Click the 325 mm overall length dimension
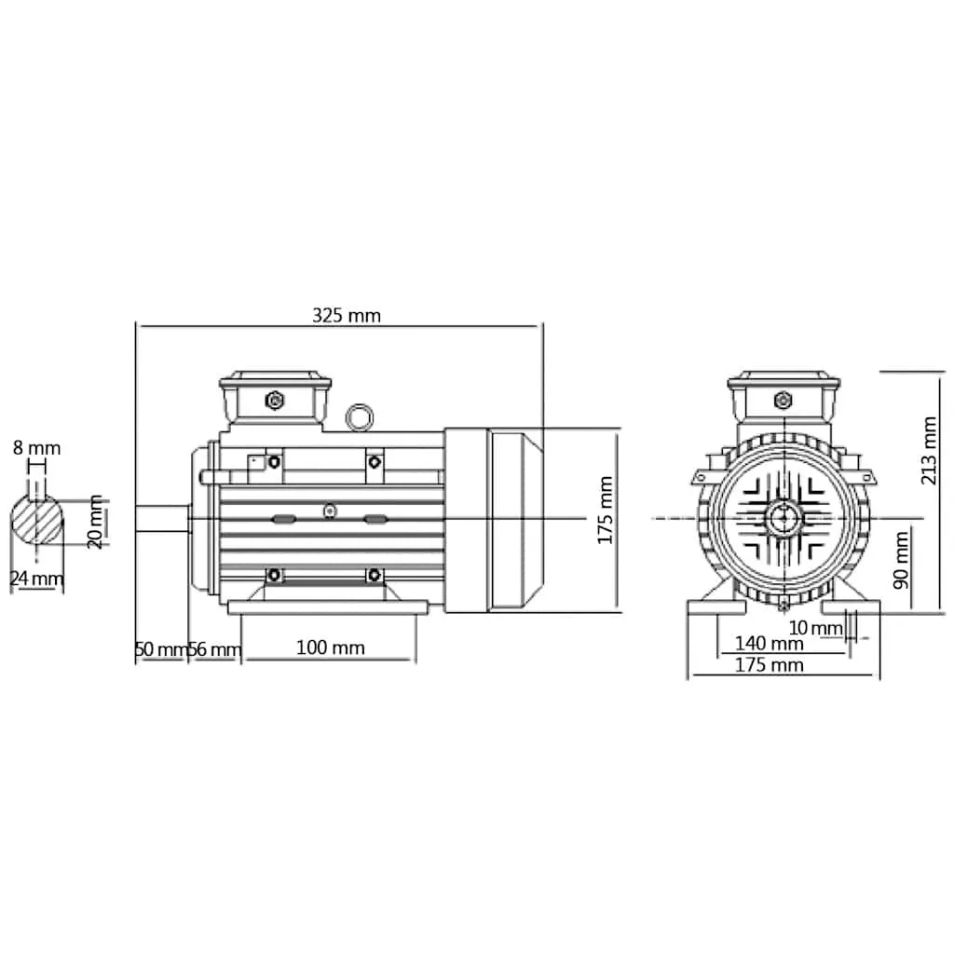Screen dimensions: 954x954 click(347, 315)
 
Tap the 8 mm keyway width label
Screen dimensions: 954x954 click(37, 448)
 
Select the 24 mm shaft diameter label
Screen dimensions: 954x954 click(36, 578)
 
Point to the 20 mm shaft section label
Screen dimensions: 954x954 click(95, 522)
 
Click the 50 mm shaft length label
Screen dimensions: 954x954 click(160, 649)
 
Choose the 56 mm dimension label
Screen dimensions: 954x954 click(215, 649)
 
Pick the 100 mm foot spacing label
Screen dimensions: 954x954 click(331, 647)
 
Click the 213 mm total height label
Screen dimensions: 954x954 click(929, 450)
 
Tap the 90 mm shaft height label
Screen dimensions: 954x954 click(901, 560)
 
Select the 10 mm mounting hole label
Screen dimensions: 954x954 click(815, 627)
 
